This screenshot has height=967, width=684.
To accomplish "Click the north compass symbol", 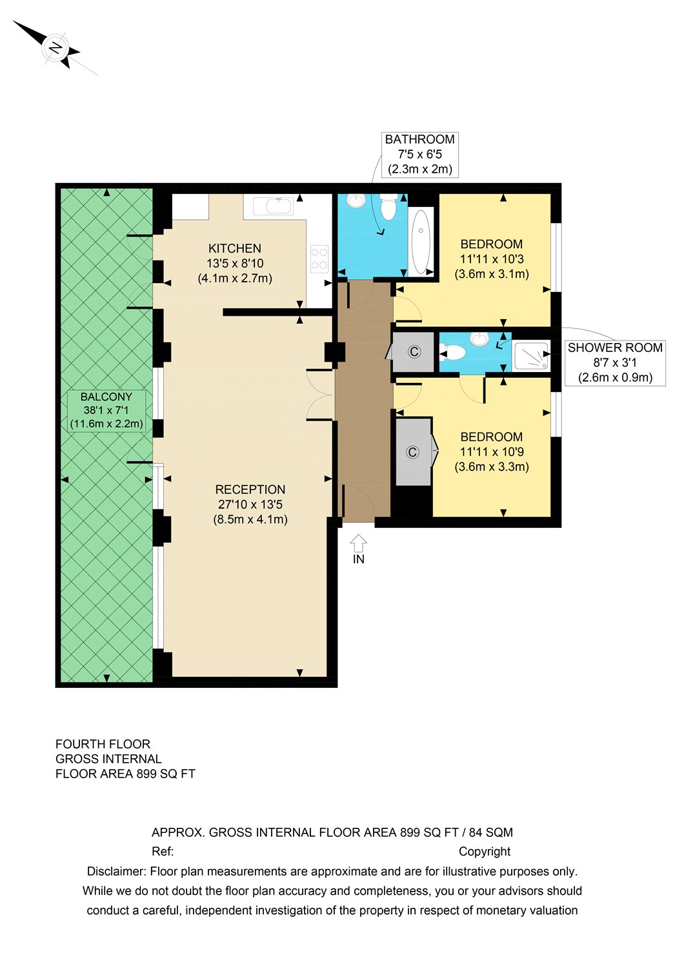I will click(56, 48).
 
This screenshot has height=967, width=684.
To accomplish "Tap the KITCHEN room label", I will click(235, 248).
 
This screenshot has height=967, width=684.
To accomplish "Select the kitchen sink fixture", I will click(273, 206).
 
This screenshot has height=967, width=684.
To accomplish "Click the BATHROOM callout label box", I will click(419, 155).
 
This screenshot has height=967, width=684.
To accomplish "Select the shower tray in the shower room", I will click(531, 355).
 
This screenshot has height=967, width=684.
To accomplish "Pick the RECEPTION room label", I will click(250, 490).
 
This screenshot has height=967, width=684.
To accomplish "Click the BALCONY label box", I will click(106, 411).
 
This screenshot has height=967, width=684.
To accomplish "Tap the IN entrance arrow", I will click(359, 549).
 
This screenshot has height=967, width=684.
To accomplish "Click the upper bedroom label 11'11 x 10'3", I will click(492, 259).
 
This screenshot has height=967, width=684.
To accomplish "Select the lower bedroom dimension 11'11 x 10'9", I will click(492, 452).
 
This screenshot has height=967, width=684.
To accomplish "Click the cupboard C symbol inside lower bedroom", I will click(413, 453).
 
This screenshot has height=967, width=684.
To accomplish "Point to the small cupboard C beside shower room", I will click(414, 352).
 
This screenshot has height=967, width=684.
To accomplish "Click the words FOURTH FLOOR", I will click(103, 744).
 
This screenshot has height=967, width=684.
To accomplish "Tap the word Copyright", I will click(485, 852).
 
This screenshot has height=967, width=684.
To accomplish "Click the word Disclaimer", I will click(116, 872).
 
